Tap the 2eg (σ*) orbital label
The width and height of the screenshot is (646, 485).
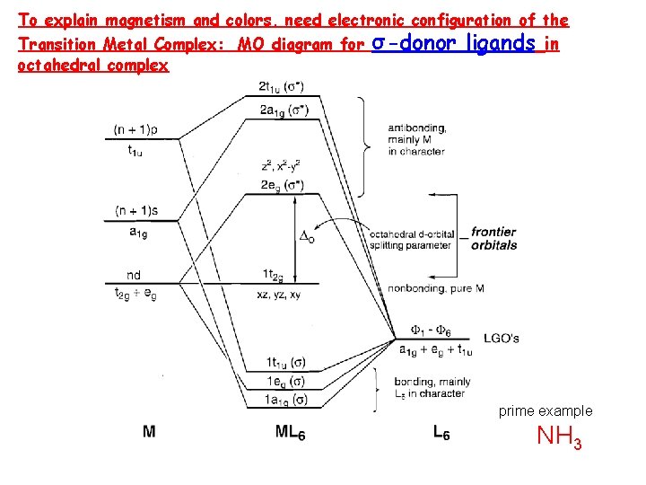click(x=281, y=185)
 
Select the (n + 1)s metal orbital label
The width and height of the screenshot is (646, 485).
click(x=137, y=211)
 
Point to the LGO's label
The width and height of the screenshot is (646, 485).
click(x=502, y=339)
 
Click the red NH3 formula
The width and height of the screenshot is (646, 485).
click(x=559, y=438)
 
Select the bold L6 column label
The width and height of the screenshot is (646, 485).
click(x=441, y=433)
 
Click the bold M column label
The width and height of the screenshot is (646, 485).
click(x=149, y=431)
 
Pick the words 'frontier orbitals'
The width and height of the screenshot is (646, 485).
click(x=493, y=238)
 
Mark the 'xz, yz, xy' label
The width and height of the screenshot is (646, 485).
click(x=279, y=294)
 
